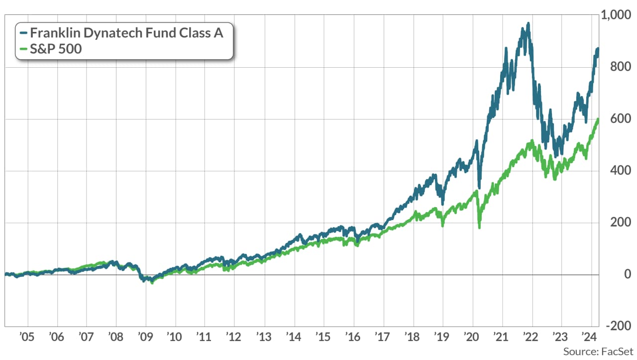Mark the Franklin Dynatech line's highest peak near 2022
[x=528, y=23]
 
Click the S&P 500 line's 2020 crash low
[x=479, y=228]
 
